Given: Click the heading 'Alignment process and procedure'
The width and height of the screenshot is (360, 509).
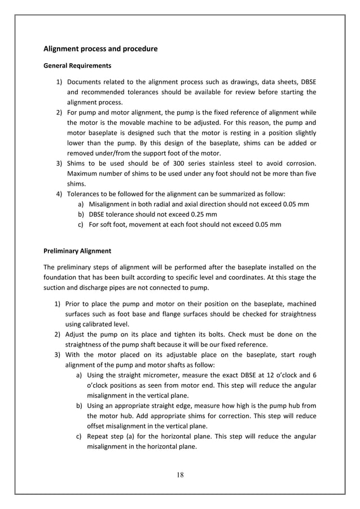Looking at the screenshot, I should click(100, 49).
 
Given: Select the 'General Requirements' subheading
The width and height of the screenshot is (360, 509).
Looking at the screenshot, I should click(77, 66).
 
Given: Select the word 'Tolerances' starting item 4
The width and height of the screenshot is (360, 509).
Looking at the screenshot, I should click(85, 195).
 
